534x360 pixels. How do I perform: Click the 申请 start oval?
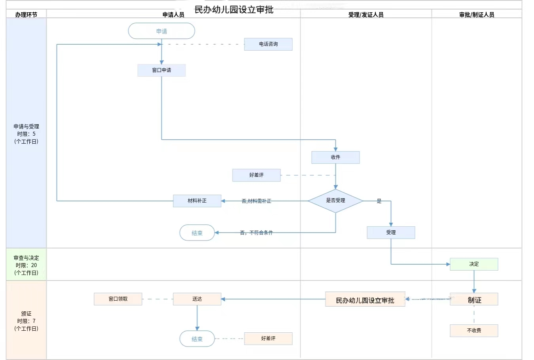(x=161, y=31)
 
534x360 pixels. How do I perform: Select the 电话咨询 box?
(x=268, y=44)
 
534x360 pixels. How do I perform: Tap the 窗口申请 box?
(x=161, y=70)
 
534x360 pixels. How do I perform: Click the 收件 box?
(x=335, y=157)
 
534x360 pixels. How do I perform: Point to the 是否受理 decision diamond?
(x=335, y=201)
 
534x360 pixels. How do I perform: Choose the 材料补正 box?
(x=197, y=201)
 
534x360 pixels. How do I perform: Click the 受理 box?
(x=391, y=233)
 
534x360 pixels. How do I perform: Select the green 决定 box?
(x=474, y=264)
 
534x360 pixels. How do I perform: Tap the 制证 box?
(x=474, y=299)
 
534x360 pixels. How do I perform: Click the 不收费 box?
(x=474, y=331)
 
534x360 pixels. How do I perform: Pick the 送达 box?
(x=197, y=299)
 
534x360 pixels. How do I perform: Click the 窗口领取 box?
(x=118, y=299)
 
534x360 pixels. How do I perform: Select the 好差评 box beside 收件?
(x=256, y=175)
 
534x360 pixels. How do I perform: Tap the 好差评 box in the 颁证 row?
(x=268, y=339)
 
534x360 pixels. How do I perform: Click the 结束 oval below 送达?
(x=197, y=339)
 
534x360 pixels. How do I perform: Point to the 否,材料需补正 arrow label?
(x=256, y=201)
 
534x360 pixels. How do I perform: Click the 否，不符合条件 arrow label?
(x=256, y=233)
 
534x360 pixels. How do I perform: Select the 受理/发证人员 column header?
(x=366, y=15)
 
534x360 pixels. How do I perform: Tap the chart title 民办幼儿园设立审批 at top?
(x=234, y=9)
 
